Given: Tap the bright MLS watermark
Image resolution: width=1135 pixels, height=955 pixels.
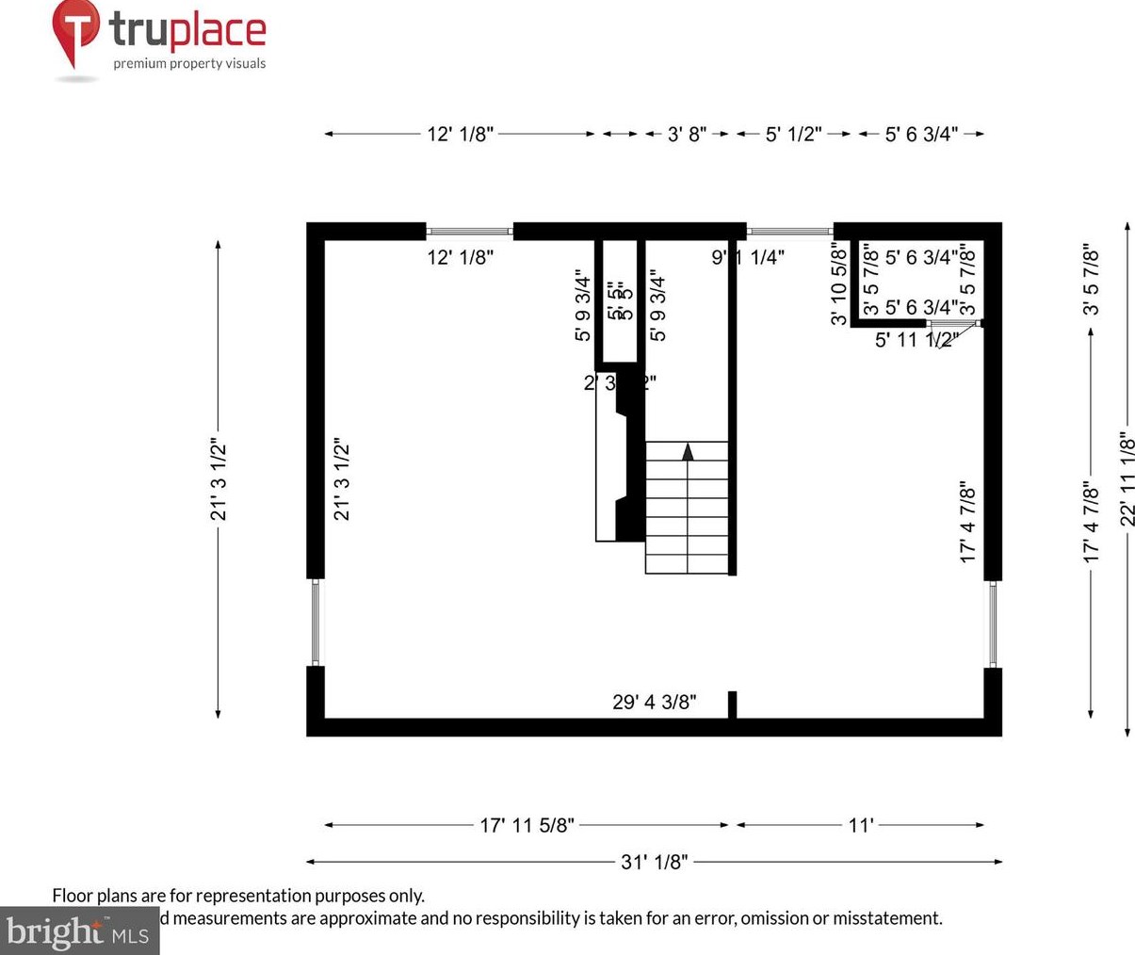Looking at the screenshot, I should (x=77, y=931).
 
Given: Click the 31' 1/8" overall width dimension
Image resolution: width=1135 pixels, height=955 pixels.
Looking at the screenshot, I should (x=654, y=861).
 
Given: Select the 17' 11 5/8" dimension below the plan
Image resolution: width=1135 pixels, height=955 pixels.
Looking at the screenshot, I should (x=527, y=825).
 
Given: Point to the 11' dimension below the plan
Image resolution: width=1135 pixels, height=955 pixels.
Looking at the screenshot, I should (x=861, y=825).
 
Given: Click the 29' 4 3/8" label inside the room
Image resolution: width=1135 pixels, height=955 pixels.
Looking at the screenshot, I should (x=654, y=702).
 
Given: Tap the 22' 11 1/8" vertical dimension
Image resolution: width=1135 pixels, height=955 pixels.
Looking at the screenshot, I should (x=1127, y=478).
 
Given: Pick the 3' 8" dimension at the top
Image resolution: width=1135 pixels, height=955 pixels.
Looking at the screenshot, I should (x=687, y=134).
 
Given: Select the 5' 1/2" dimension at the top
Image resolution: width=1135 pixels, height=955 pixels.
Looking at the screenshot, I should (x=793, y=134).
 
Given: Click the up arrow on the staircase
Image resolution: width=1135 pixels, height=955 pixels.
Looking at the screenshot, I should (x=688, y=451).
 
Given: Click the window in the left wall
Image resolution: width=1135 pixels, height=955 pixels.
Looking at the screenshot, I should (x=316, y=623).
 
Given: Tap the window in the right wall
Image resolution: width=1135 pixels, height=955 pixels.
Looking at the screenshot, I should (x=992, y=624).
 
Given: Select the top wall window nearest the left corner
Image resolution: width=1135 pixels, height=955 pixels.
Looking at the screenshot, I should (x=469, y=231).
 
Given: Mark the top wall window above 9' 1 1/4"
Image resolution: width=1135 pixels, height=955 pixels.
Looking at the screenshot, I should (x=789, y=230).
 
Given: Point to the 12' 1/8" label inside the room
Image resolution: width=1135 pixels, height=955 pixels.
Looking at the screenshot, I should (x=460, y=257).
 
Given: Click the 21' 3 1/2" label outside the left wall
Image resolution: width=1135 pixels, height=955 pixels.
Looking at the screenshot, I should (x=219, y=478).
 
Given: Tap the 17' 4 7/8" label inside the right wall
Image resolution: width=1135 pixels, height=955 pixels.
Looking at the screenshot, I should (x=967, y=523).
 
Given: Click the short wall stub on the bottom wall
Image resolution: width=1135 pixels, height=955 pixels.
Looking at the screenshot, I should (x=732, y=705).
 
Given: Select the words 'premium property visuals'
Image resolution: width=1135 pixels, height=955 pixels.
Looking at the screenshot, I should (x=189, y=64).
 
